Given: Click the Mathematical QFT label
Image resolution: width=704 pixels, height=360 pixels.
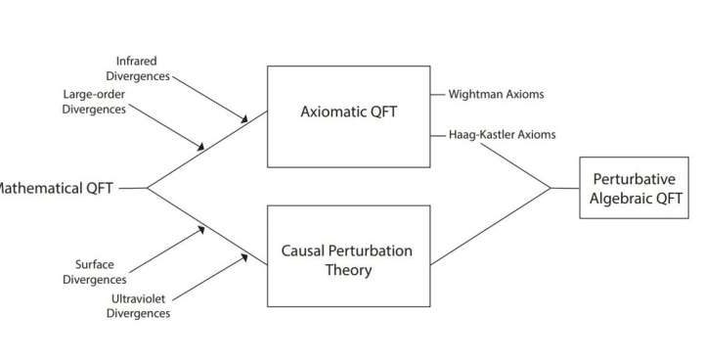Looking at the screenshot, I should click(x=59, y=187).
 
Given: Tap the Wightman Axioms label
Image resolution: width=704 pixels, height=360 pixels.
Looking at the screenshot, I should click(x=496, y=95).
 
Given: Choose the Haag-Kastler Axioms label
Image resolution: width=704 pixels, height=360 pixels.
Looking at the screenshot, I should click(x=502, y=135).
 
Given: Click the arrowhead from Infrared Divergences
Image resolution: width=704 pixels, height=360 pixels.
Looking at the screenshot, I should click(x=244, y=119).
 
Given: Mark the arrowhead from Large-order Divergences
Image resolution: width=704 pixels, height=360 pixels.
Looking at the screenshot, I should click(x=201, y=148).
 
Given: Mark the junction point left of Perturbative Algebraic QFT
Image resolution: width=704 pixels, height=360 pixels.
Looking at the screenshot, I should click(x=551, y=187).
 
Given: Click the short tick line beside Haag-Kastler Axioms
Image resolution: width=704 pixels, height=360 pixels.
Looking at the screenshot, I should click(x=437, y=135).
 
